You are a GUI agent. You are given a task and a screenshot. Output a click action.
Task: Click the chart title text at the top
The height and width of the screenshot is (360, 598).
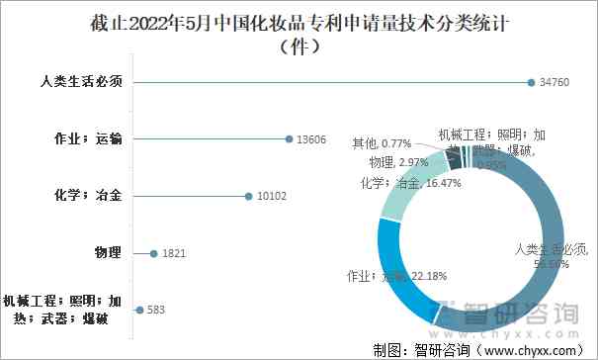click(299, 22)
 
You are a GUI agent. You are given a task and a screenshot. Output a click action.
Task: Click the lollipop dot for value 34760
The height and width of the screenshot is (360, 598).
click(531, 82)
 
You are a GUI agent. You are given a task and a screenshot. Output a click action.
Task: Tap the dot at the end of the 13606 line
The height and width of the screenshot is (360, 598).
click(289, 139)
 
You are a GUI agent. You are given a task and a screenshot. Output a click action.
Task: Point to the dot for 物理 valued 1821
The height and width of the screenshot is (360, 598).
click(153, 253)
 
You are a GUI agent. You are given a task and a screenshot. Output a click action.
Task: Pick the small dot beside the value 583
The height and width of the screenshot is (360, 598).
click(138, 310)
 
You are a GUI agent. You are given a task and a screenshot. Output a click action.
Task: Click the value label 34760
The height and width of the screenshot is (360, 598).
click(557, 82)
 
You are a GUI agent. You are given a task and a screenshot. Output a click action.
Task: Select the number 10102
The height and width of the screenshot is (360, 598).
click(272, 197)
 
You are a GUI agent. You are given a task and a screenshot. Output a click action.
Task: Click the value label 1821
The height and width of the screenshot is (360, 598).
click(174, 254)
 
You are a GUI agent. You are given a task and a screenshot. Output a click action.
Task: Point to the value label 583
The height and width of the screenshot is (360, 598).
click(155, 311)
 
